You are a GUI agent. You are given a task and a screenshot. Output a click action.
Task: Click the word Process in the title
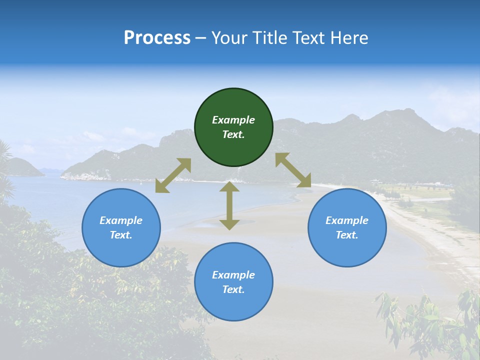click(x=157, y=38)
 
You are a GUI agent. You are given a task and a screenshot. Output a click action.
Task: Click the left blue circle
click(x=121, y=227)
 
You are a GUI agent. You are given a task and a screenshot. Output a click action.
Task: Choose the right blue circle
click(x=347, y=227)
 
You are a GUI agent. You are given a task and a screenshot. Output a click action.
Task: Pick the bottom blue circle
click(x=233, y=281)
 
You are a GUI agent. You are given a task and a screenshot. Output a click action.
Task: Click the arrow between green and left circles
click(x=173, y=175)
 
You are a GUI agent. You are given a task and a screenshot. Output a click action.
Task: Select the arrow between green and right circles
click(x=293, y=170)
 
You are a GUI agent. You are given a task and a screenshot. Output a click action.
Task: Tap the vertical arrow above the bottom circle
click(x=229, y=205)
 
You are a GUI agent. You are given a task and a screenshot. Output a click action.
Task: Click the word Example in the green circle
click(x=233, y=120)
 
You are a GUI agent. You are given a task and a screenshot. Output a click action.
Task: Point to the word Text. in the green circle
click(x=233, y=134)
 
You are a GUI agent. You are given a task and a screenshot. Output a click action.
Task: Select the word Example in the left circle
click(x=121, y=220)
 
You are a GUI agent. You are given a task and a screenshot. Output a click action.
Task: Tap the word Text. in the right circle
click(x=347, y=235)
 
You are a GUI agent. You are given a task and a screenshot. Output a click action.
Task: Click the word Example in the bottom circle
click(x=233, y=275)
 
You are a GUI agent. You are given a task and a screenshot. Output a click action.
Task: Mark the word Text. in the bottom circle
click(x=233, y=289)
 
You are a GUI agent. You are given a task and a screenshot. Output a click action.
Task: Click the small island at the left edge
click(x=22, y=168)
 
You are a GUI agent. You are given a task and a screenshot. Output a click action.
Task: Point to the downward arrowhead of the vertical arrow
click(x=229, y=224)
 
